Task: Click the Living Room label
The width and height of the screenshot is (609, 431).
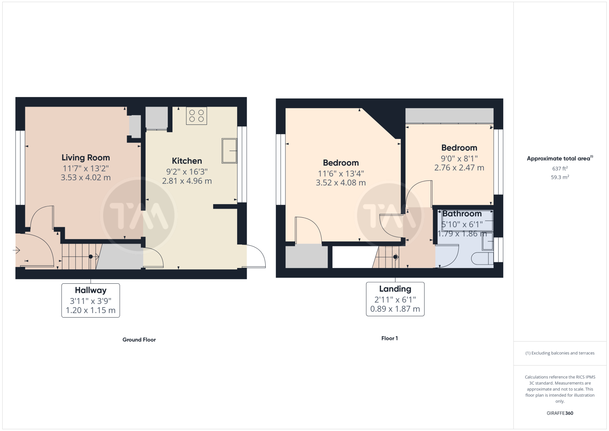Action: point(86,158)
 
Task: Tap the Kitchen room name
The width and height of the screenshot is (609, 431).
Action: point(187,161)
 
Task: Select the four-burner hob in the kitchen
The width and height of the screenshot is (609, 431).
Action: point(196,116)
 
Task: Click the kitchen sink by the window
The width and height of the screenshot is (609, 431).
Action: point(229,151)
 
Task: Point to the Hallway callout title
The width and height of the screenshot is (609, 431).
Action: point(91,291)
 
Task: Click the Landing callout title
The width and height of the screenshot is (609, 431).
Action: point(395,289)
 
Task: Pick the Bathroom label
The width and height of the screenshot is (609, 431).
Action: point(462,214)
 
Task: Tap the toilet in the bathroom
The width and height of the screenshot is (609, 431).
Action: point(482,259)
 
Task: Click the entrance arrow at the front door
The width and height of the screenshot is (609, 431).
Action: point(16,250)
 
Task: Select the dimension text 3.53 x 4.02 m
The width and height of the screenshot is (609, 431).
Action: point(86,177)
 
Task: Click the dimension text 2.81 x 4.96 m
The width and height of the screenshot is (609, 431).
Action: point(187,181)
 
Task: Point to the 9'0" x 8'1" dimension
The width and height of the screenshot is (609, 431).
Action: point(459,158)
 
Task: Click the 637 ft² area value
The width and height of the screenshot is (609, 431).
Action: point(560,169)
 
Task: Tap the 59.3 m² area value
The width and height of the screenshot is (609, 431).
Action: point(560,177)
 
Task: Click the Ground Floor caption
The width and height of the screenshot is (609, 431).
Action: point(139,340)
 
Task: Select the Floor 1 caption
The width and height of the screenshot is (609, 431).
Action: point(389,338)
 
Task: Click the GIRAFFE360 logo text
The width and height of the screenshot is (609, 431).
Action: point(560,413)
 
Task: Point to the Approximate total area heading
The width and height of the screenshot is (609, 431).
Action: point(560,158)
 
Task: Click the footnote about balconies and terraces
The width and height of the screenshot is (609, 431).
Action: point(560,353)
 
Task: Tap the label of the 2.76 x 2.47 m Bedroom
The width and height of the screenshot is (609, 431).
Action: point(459,148)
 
